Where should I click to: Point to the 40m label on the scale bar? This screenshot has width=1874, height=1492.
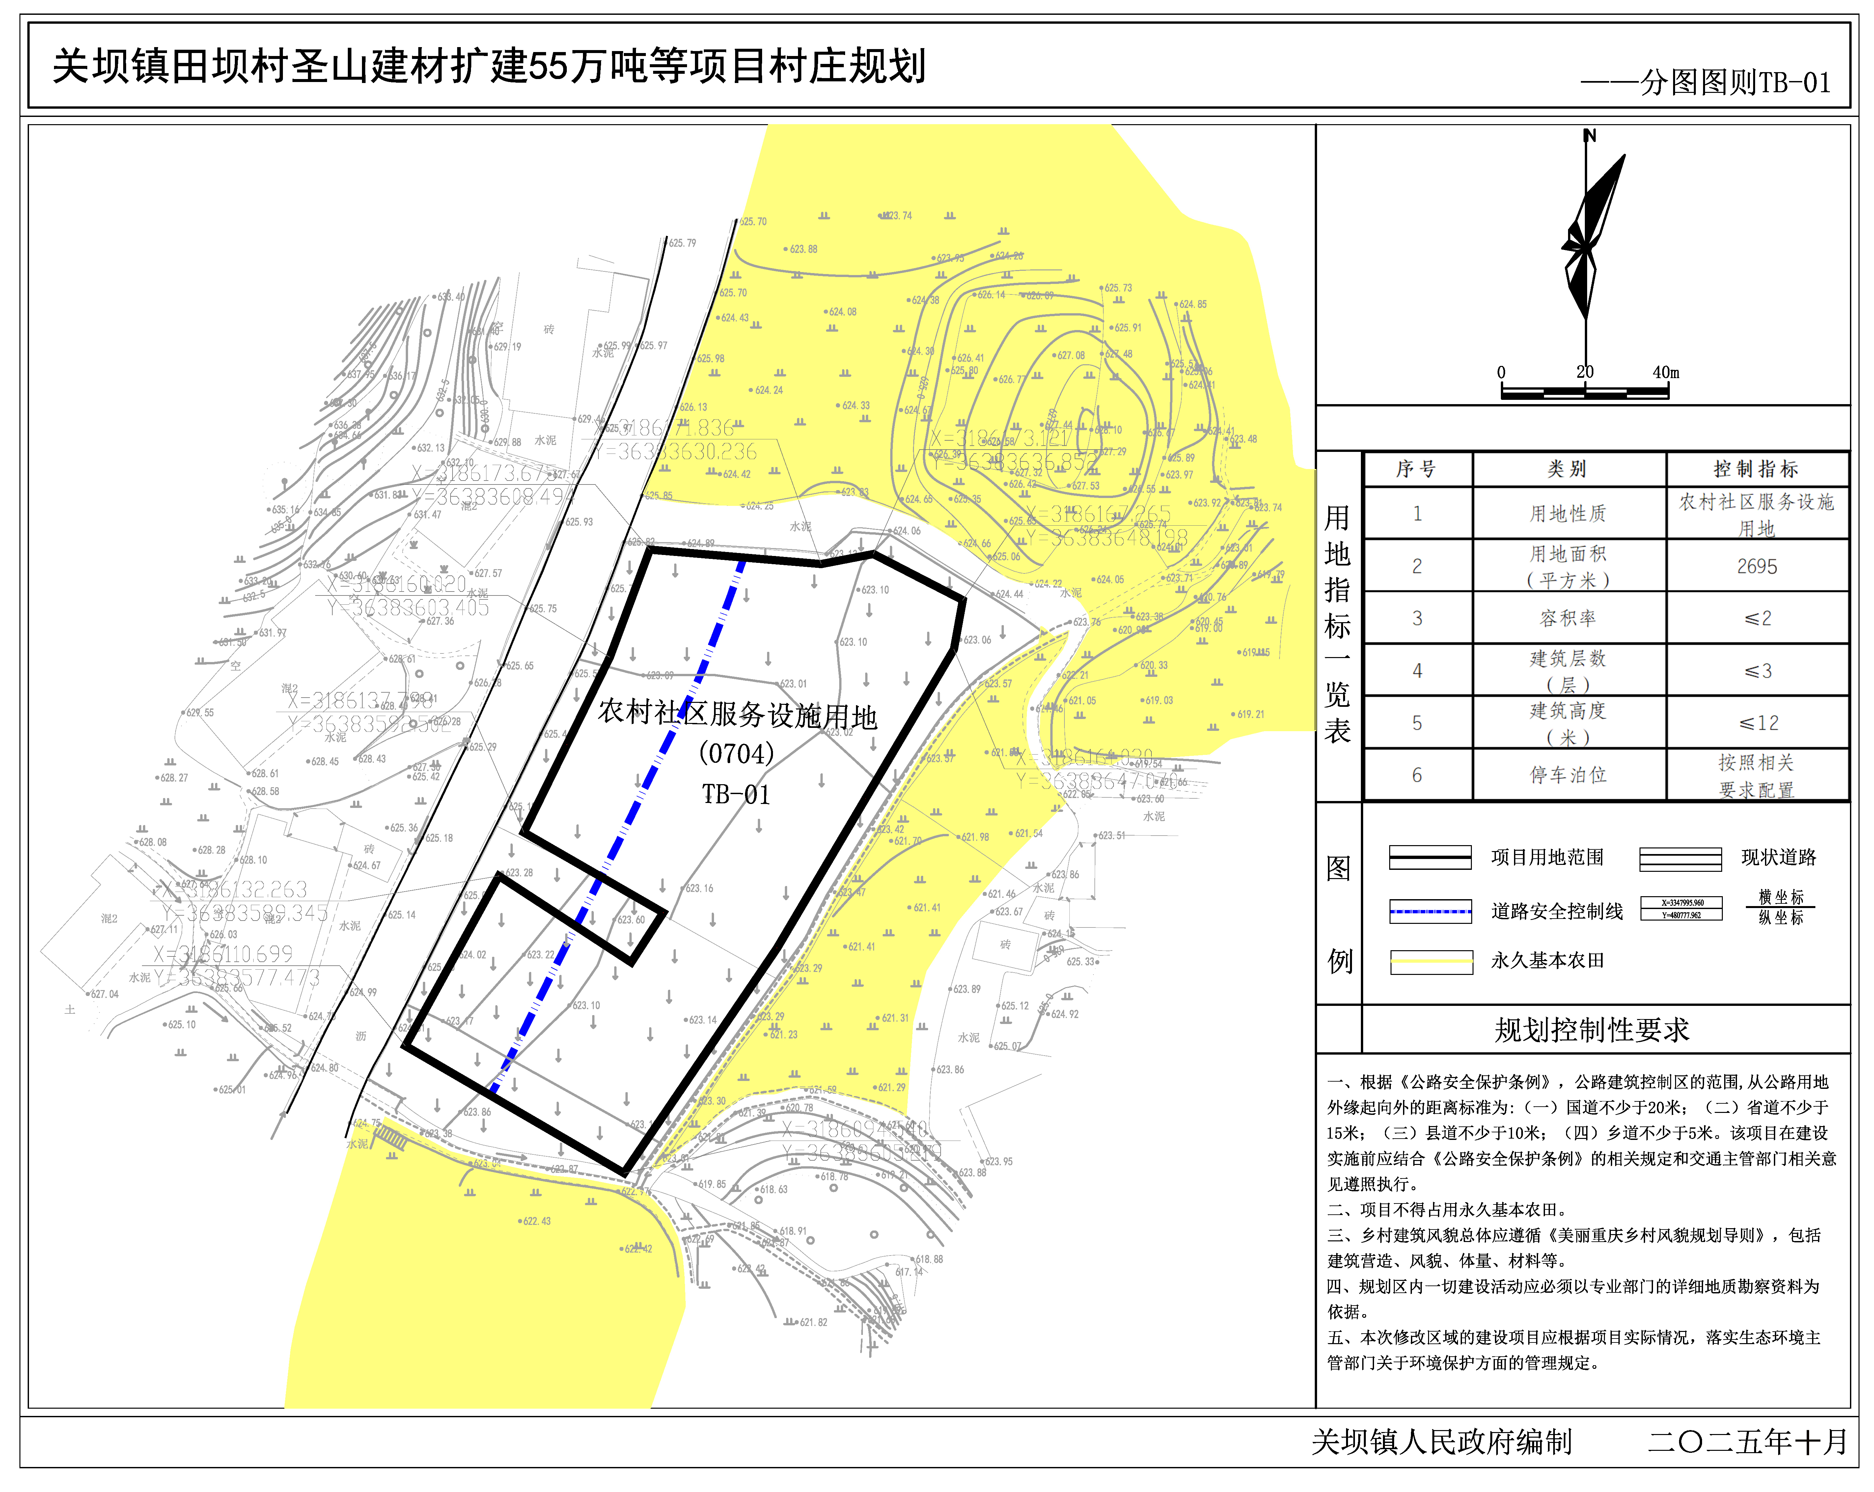pyautogui.click(x=1666, y=373)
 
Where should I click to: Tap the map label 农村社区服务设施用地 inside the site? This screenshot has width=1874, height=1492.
pyautogui.click(x=737, y=715)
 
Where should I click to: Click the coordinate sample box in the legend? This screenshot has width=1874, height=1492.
pyautogui.click(x=1681, y=909)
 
